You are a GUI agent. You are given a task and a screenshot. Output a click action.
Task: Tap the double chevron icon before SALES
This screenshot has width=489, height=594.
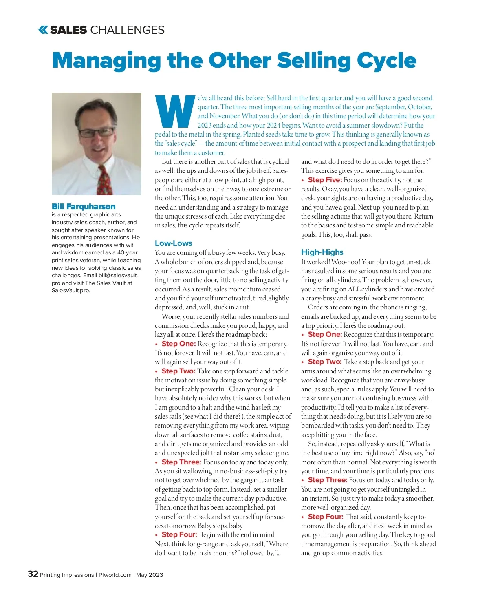(x=43, y=30)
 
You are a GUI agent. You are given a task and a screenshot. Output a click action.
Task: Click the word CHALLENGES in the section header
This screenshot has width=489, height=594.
(x=127, y=30)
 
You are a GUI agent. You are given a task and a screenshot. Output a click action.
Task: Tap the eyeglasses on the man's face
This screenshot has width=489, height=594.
(x=97, y=132)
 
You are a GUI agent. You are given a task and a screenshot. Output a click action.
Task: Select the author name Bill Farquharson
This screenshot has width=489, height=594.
(x=84, y=206)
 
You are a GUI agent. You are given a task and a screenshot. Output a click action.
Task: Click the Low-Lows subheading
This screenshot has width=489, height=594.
(x=173, y=243)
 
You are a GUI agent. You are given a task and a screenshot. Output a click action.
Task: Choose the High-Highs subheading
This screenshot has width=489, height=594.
(x=322, y=252)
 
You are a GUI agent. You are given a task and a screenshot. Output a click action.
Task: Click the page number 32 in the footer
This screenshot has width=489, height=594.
(x=33, y=574)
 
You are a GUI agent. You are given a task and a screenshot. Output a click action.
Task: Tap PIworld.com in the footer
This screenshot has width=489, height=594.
(x=115, y=575)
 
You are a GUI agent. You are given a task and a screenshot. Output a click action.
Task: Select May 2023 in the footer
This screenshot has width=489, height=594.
(x=150, y=575)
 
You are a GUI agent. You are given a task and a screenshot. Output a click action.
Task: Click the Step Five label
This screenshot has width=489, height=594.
(x=325, y=180)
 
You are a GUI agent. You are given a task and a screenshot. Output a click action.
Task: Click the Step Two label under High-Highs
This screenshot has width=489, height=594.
(x=325, y=362)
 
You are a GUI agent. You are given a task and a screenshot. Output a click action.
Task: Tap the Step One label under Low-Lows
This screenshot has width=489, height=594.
(x=178, y=344)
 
